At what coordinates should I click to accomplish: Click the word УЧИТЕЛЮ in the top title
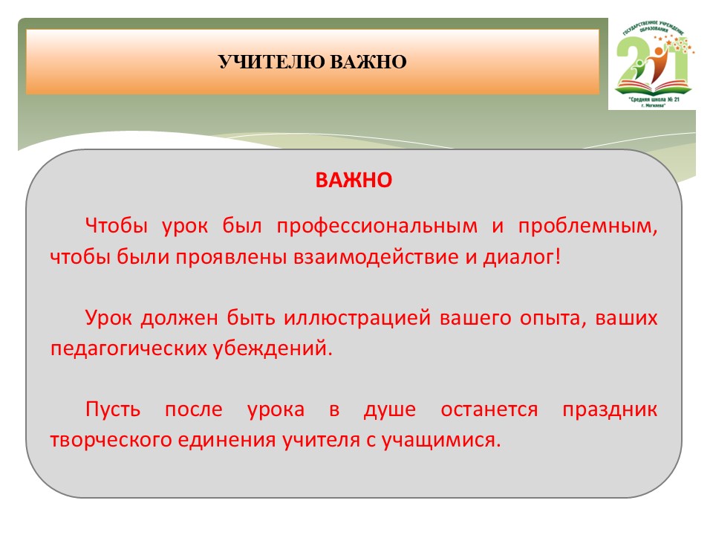click(272, 62)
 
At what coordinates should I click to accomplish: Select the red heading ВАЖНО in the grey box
click(354, 180)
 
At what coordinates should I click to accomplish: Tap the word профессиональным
click(377, 226)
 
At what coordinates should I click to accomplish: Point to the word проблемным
click(587, 226)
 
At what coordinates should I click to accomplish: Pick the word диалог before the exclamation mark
click(519, 258)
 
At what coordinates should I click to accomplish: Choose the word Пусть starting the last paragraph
click(113, 409)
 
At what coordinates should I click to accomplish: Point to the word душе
click(390, 409)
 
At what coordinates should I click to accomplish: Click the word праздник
click(610, 410)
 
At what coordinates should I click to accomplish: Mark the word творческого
click(111, 441)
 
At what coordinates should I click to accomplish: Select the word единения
click(227, 441)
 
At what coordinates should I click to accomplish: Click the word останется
click(489, 410)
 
